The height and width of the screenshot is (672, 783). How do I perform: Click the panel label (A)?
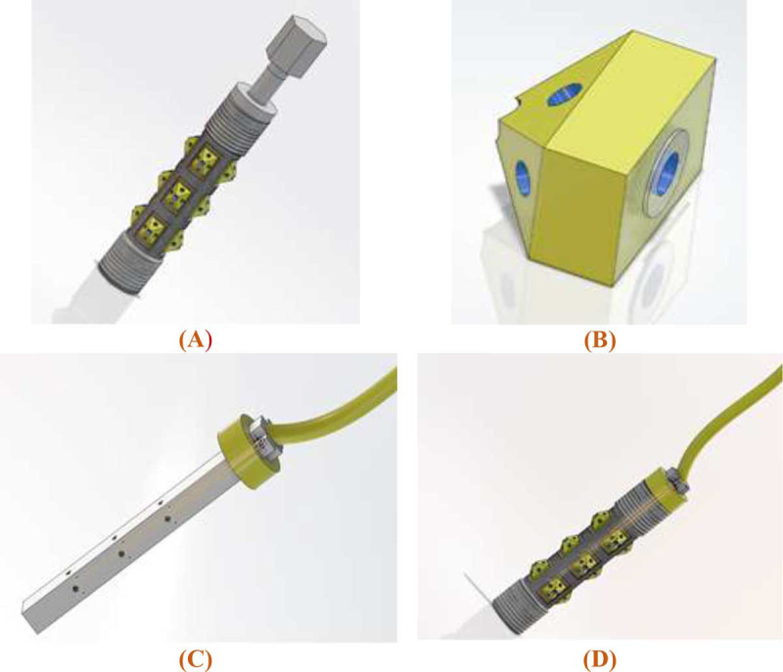(x=195, y=340)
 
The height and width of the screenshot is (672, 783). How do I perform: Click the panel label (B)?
(x=599, y=340)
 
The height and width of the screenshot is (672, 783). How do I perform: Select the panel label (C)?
(x=195, y=659)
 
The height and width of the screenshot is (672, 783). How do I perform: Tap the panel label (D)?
(x=599, y=659)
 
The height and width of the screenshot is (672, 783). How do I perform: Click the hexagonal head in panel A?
(x=297, y=44)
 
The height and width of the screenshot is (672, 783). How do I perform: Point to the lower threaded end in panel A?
(x=126, y=263)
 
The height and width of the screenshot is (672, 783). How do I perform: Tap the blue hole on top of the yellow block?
(x=565, y=94)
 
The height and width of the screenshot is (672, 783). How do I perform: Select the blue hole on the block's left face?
(x=523, y=179)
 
